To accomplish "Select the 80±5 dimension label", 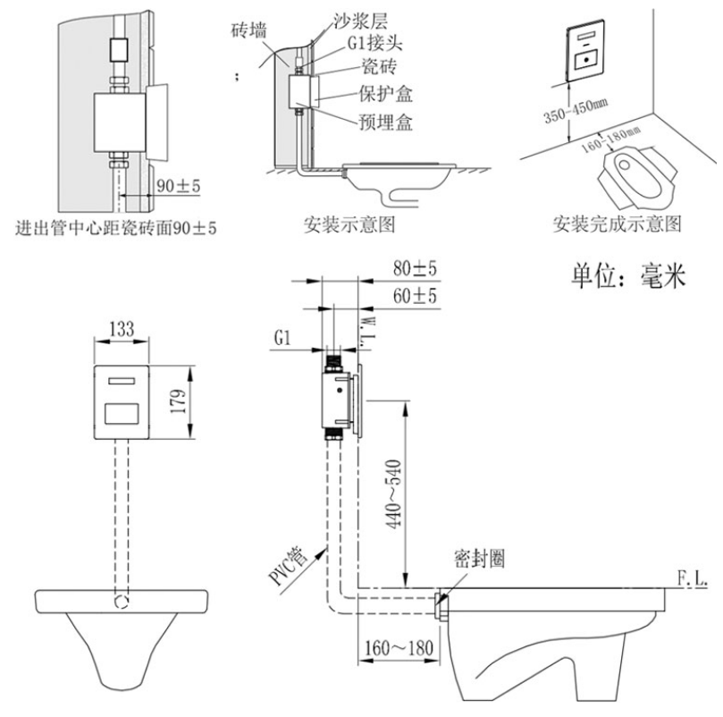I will pos(412,269).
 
